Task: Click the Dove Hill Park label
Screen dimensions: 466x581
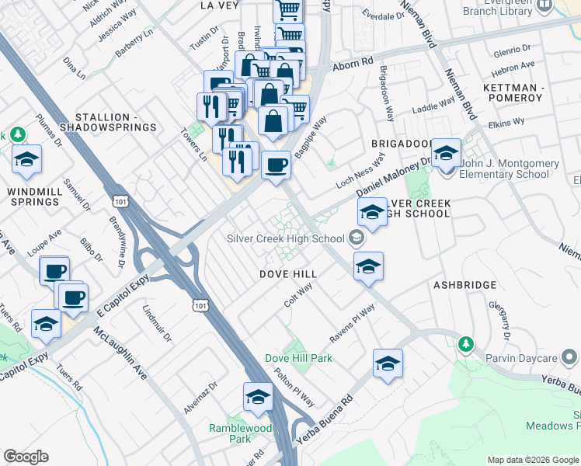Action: click(298, 358)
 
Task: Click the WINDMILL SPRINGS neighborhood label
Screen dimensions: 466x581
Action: click(34, 196)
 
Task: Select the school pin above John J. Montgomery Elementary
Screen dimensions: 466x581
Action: click(446, 153)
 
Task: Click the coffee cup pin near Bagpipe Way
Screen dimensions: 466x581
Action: click(276, 165)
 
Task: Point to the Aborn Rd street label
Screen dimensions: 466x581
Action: click(353, 66)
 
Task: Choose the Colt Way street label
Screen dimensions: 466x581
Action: click(297, 295)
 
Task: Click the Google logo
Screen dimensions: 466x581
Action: click(26, 457)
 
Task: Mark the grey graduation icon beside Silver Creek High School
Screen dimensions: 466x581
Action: click(357, 238)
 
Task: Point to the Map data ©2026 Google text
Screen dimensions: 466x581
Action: click(532, 460)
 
